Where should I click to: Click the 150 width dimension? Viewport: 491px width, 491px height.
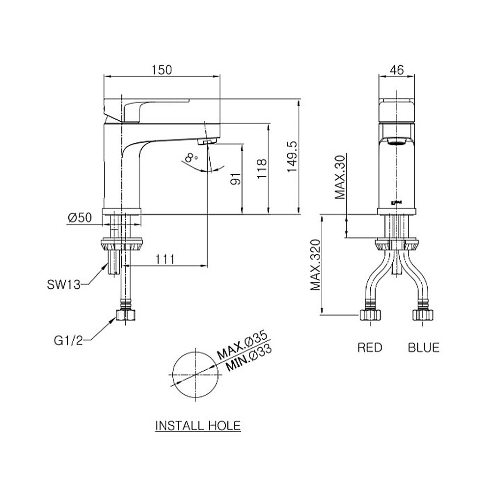coord(162,70)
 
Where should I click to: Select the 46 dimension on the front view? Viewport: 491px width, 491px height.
coord(397,70)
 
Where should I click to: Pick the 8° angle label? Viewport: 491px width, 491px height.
coord(190,158)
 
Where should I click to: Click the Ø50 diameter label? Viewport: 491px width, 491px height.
coord(80,218)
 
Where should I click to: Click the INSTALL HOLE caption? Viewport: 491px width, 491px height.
coord(198,425)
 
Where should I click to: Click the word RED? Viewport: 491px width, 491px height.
coord(370,348)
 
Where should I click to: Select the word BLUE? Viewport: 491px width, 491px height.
coord(424,348)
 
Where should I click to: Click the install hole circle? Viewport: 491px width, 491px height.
coord(195,374)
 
